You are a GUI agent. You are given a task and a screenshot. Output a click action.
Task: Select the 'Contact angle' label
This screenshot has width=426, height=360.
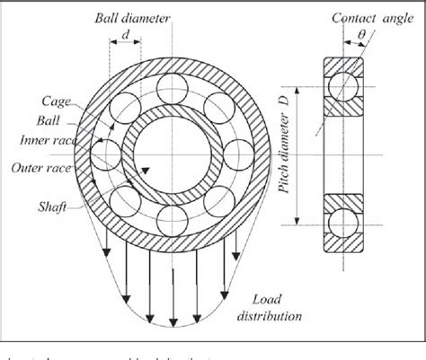[368, 17]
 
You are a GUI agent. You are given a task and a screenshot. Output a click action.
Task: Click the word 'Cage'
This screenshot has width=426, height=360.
[41, 101]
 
